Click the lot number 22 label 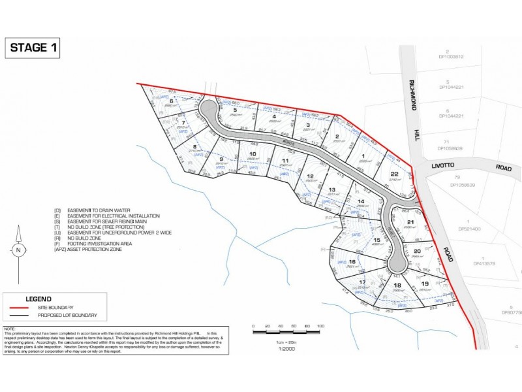[394, 173]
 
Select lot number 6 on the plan [171, 101]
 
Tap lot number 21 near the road [410, 223]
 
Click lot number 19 [424, 284]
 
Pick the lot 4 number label [275, 117]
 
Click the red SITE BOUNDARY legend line [25, 307]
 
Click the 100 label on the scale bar [320, 325]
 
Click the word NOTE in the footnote [10, 329]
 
